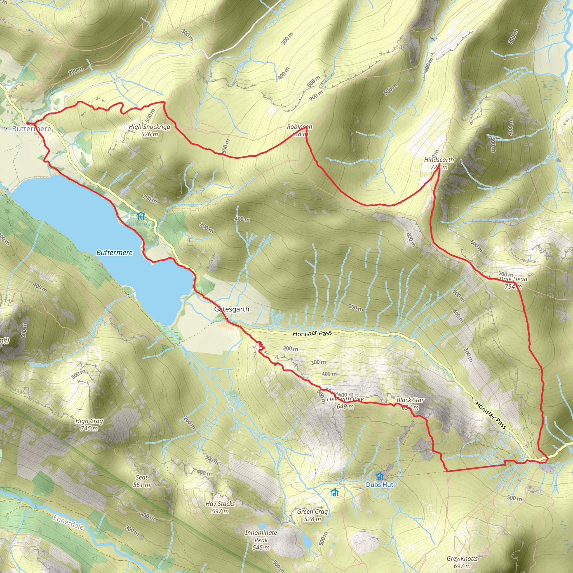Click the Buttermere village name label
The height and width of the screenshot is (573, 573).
coord(31,129)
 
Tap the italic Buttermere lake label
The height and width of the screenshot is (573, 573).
coord(114,252)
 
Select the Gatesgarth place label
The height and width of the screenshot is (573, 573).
coord(232,309)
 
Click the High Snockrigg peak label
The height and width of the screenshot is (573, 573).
coord(149,130)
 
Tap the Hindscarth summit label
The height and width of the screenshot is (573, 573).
coord(439,163)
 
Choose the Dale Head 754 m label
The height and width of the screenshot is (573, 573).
coord(513,282)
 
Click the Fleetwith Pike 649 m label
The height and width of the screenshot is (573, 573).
coord(345,402)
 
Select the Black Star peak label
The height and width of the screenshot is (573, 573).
coord(410,403)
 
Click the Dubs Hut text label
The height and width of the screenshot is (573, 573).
coord(380,485)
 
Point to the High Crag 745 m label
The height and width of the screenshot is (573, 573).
coord(89,424)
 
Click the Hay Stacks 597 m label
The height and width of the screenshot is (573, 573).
coord(220,507)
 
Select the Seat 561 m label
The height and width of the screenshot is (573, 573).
coord(142,481)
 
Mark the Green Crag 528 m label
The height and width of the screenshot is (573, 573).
coord(312,515)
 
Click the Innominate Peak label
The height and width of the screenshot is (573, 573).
coord(261,540)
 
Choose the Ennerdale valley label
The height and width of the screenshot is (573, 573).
coord(68,523)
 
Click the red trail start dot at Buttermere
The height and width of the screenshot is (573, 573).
coord(28,123)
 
